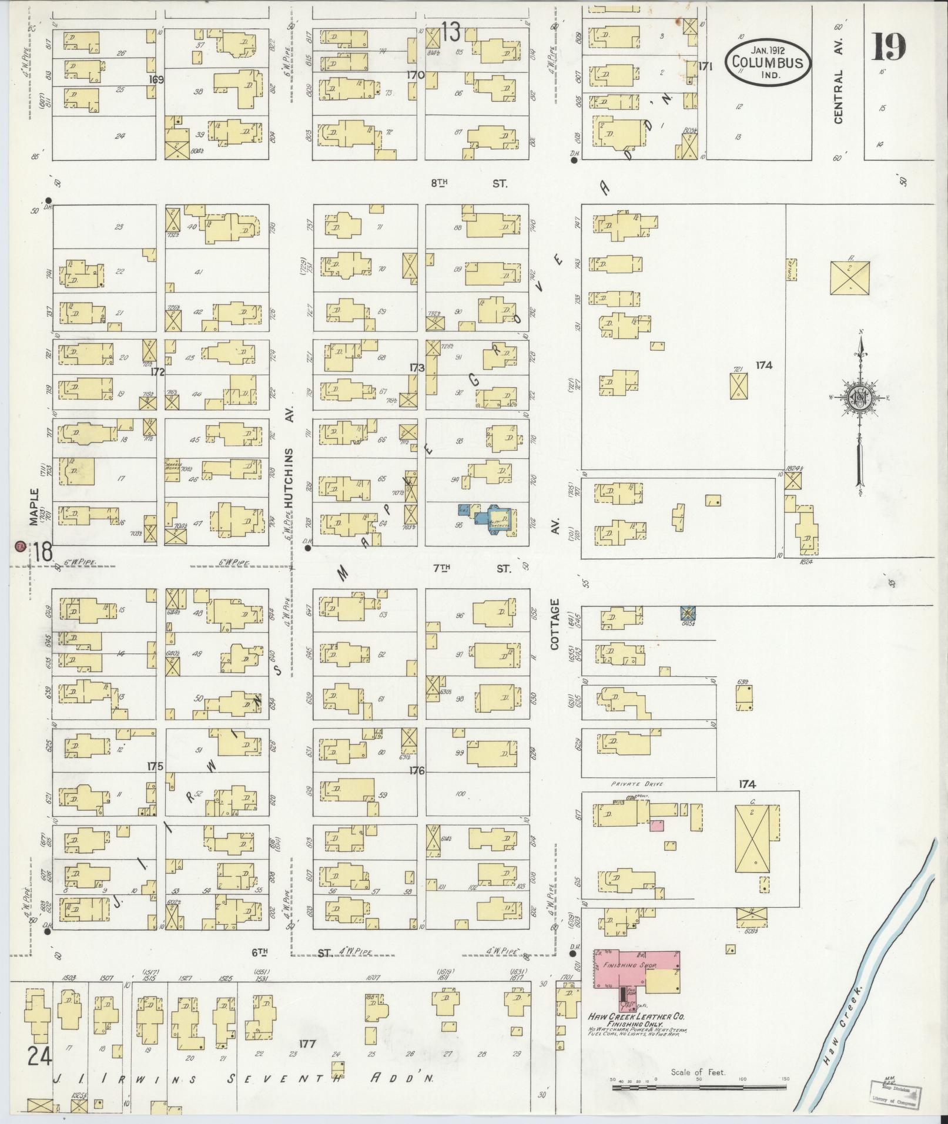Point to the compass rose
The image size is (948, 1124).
(860, 399)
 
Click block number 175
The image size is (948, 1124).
(155, 766)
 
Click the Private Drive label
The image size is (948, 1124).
(633, 784)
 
